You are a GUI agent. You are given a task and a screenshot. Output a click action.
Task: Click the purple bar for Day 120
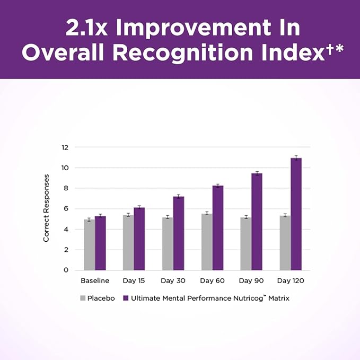(x=296, y=214)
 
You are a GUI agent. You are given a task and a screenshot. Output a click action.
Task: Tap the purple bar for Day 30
(x=179, y=233)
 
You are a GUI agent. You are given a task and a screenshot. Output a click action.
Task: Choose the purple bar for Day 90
(x=257, y=221)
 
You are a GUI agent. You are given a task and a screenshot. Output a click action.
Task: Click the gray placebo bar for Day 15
(x=128, y=242)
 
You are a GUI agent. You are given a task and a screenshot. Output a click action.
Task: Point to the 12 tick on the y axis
(x=65, y=147)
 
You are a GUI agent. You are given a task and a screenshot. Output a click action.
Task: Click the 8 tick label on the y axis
(x=66, y=188)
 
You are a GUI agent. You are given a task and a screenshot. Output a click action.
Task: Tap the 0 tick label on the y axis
(x=66, y=270)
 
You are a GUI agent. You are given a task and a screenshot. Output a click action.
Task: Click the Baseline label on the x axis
(x=95, y=280)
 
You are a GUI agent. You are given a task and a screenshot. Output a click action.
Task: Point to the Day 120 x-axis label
(x=291, y=280)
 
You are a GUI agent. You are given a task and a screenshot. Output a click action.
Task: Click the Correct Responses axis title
(x=47, y=208)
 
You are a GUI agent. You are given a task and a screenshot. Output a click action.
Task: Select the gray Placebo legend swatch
(x=83, y=298)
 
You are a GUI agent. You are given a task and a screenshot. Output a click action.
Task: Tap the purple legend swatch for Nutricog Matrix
(x=126, y=298)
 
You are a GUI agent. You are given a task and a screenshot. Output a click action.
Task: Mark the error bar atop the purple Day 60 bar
(x=217, y=186)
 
